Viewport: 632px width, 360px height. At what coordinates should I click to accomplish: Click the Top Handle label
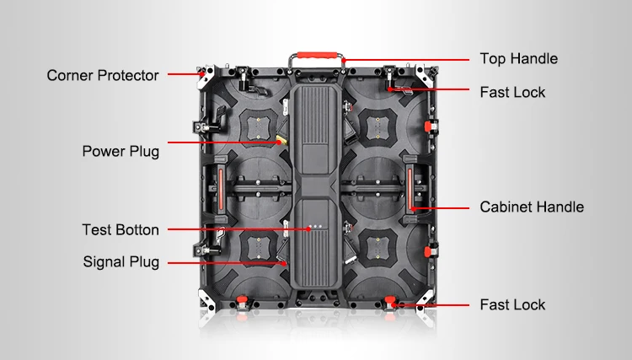pos(518,59)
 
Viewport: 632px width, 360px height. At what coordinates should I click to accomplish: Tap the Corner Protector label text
pos(103,75)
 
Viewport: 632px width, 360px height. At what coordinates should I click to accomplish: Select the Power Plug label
pos(121,152)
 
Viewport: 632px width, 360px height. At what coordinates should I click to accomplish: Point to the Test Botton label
pos(121,229)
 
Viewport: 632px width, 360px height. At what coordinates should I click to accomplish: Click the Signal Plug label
pos(121,261)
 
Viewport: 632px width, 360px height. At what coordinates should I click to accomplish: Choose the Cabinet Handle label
pos(532,207)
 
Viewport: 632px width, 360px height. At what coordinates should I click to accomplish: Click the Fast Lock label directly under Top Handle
pos(512,92)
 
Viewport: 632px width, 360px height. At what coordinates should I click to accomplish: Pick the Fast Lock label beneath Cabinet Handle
pos(512,304)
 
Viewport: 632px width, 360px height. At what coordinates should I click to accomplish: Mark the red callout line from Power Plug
pos(223,144)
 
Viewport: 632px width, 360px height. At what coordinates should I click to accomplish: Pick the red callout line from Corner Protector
pos(184,74)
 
